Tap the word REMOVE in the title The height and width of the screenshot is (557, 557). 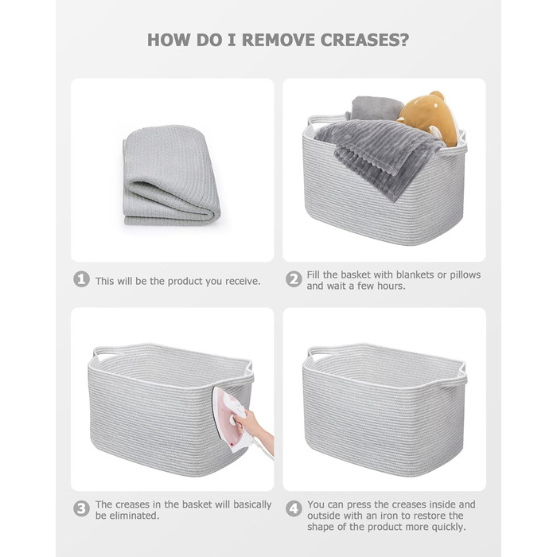(278, 40)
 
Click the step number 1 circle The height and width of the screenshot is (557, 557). (81, 279)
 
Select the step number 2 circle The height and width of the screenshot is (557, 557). (294, 279)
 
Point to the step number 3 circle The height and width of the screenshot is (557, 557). (81, 508)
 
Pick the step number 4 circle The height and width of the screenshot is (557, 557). (294, 508)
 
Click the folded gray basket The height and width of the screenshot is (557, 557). (171, 175)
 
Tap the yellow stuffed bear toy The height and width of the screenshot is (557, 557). (428, 119)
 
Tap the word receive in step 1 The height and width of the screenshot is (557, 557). (242, 282)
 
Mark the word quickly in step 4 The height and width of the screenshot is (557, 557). (448, 527)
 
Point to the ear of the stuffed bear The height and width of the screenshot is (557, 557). (436, 95)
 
